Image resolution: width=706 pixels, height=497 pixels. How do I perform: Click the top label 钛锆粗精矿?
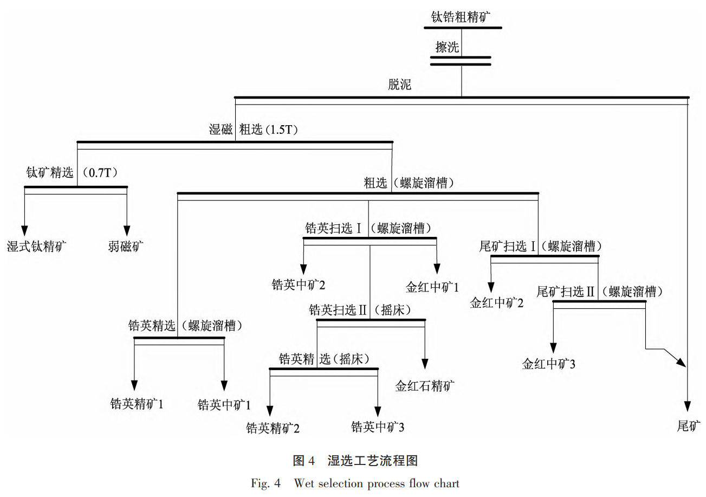click(461, 16)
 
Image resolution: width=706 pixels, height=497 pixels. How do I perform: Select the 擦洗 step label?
click(447, 47)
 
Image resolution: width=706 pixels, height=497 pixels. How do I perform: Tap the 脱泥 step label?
click(399, 85)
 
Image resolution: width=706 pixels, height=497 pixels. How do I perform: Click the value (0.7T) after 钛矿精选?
click(101, 173)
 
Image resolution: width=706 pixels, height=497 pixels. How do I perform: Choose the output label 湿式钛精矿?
click(37, 247)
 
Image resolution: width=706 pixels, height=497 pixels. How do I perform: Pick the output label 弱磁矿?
click(126, 247)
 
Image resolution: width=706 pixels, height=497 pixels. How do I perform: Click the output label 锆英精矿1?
click(137, 404)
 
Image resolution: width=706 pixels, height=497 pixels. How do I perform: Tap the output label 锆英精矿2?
click(273, 428)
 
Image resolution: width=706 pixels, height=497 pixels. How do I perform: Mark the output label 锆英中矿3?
click(378, 427)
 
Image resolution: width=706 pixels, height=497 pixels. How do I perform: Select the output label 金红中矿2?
click(496, 303)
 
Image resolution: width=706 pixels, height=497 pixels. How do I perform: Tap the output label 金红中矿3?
click(548, 364)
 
